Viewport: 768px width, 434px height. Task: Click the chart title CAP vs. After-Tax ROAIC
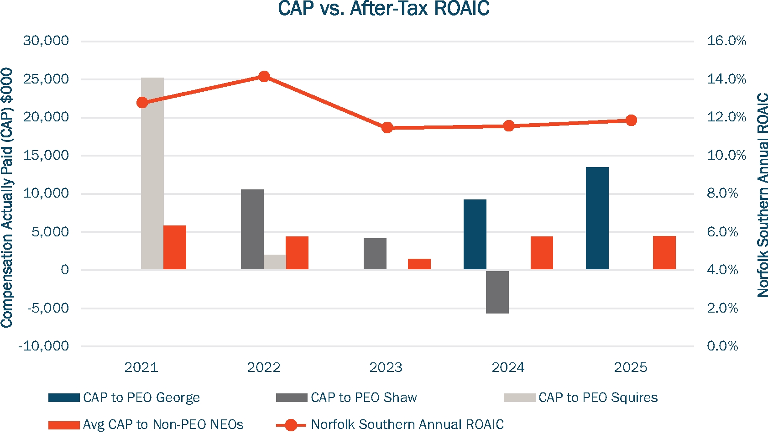(383, 9)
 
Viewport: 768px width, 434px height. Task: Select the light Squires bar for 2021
(152, 173)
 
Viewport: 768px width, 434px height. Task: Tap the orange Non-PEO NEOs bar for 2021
(175, 247)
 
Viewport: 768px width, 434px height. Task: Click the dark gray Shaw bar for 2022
(252, 229)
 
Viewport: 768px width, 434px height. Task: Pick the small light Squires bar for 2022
(275, 262)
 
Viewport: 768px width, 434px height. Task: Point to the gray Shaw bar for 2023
(375, 254)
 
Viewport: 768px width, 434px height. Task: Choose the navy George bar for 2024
(475, 234)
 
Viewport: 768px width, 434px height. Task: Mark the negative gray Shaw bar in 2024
(497, 292)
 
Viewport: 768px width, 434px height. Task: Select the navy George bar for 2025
(597, 218)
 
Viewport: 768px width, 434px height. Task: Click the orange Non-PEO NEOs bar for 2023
(419, 264)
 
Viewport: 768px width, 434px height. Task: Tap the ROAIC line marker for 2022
(264, 76)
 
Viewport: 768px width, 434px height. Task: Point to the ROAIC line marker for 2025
(631, 120)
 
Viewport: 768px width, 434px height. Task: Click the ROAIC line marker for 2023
(387, 128)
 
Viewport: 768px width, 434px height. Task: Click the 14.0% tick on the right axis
(726, 79)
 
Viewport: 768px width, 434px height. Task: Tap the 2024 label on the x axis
(508, 367)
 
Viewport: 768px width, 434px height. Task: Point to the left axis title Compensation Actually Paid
(7, 197)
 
